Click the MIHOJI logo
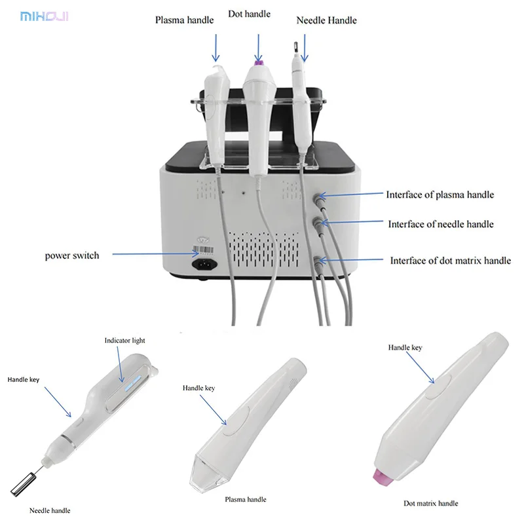click(45, 16)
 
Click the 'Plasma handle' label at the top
click(184, 20)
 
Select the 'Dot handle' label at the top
click(249, 14)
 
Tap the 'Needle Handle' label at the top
click(326, 20)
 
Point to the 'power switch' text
click(72, 255)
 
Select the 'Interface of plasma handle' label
click(440, 195)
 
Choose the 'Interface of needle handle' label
click(441, 224)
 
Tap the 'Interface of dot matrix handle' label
click(450, 260)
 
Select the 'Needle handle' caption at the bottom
click(50, 510)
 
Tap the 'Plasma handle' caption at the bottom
click(246, 500)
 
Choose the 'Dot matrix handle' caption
click(430, 503)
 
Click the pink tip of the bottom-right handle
click(382, 478)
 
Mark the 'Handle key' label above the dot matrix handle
click(405, 348)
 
